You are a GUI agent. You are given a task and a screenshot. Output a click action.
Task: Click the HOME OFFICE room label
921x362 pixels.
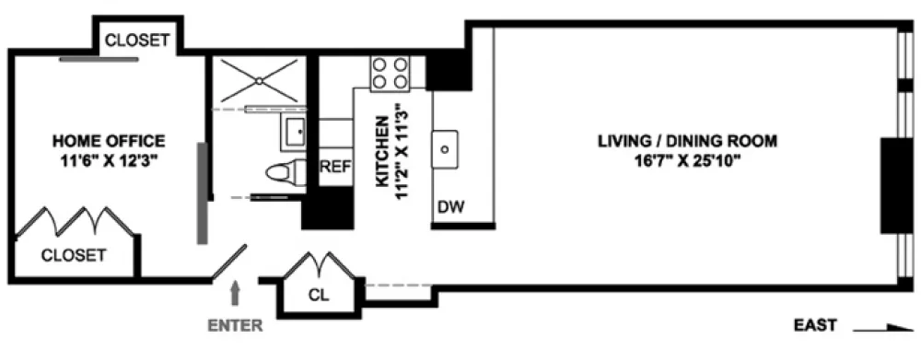click(x=109, y=141)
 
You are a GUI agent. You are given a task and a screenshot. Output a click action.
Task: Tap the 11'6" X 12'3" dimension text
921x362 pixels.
click(x=110, y=161)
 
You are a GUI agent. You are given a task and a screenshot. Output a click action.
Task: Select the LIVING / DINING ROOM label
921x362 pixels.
click(x=687, y=141)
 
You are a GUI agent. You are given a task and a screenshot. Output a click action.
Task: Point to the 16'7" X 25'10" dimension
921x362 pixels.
click(x=687, y=161)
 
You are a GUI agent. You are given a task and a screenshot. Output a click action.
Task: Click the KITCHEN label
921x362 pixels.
click(x=382, y=152)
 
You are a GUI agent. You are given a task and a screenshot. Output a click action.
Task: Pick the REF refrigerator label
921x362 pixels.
click(x=335, y=167)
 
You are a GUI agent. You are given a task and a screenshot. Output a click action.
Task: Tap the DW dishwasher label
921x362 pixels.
click(x=451, y=207)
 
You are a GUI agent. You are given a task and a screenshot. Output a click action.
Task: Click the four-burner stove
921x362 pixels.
click(x=390, y=74)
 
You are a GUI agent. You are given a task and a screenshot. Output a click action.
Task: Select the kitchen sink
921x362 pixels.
click(x=445, y=149)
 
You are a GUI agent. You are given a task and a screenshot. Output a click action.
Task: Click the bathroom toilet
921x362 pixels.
click(x=286, y=173)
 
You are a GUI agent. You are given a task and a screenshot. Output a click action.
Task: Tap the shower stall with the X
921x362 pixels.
click(x=259, y=81)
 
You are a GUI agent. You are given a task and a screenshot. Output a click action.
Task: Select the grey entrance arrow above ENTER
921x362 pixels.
click(x=235, y=294)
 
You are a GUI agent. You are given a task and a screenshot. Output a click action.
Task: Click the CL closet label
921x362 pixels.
click(x=321, y=295)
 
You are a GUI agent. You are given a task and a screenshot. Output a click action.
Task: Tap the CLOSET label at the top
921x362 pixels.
click(x=137, y=40)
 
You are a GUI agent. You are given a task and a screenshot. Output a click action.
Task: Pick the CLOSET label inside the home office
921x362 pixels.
click(x=74, y=255)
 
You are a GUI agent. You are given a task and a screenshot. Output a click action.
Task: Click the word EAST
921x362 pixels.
click(x=815, y=325)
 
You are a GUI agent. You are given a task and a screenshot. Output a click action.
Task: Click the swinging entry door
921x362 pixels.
click(x=229, y=263)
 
